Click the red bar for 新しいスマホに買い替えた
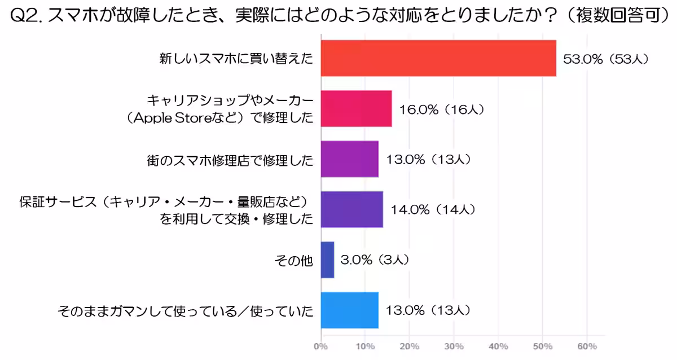point(438,58)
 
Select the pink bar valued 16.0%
point(356,108)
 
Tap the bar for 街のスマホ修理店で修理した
point(349,159)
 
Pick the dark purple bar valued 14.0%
point(351,209)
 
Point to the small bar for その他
point(327,260)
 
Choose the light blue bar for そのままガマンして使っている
point(349,310)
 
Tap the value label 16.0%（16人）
point(442,109)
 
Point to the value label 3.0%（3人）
point(375,260)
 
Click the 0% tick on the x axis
point(320,345)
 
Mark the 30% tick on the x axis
point(454,345)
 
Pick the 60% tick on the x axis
point(587,345)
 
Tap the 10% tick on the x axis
point(365,345)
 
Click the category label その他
point(293,260)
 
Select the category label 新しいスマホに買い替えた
point(236,59)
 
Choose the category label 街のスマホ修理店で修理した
point(228,160)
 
